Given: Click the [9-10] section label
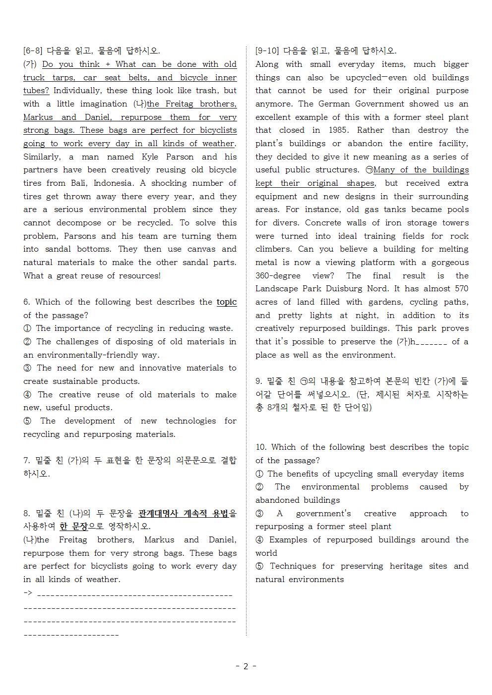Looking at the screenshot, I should click(267, 51).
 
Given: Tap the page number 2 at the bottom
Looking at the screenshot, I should click(246, 666).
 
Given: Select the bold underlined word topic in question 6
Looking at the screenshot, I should click(227, 302).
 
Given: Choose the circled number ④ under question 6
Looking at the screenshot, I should click(27, 395).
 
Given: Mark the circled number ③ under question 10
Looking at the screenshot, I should click(259, 514).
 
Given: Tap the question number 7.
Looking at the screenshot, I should click(26, 461).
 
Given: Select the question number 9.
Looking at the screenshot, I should click(258, 381).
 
